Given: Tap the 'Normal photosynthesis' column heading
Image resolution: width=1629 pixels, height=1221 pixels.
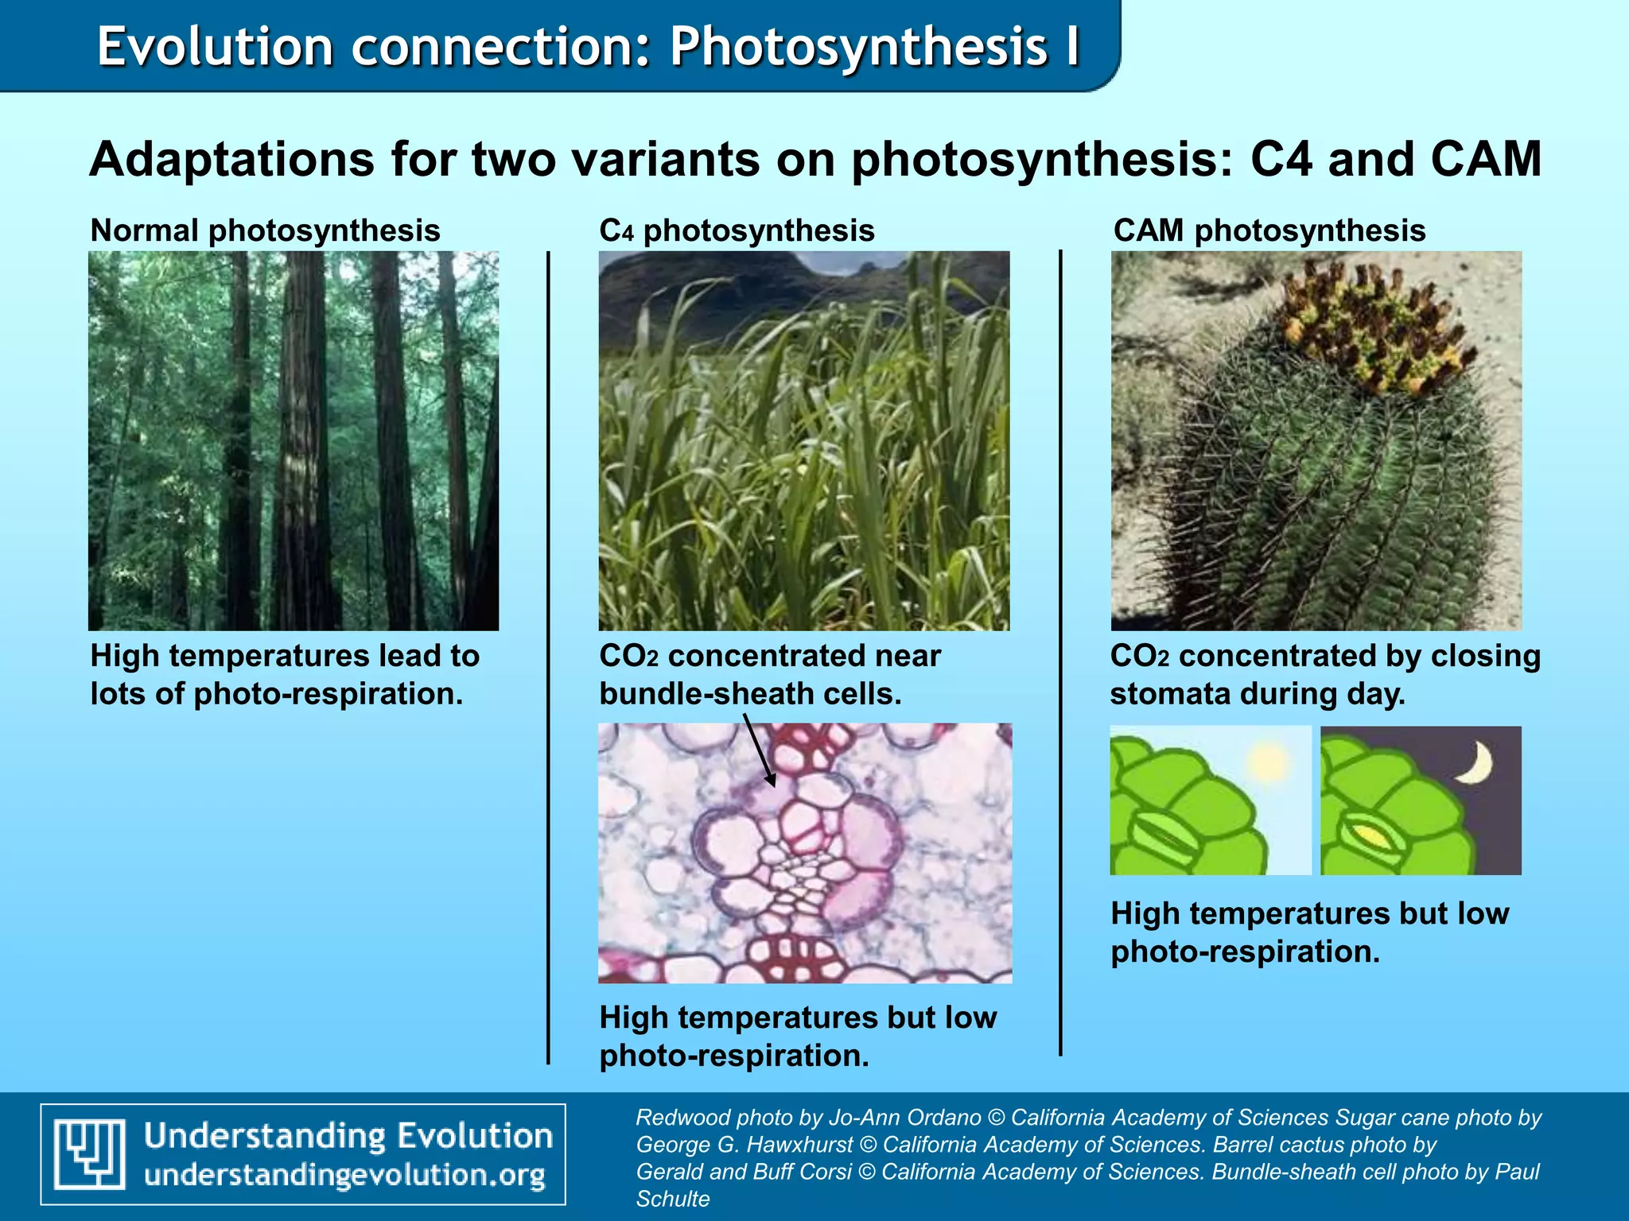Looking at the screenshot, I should [265, 231].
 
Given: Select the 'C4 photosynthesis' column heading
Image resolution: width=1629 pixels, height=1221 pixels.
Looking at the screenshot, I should [737, 231].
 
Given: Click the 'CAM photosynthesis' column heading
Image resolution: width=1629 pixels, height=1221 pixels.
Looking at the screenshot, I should [1269, 231].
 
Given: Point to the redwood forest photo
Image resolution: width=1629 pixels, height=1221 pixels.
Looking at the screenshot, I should [294, 441].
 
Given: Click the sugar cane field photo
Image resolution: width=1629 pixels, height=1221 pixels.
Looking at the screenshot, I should [804, 441].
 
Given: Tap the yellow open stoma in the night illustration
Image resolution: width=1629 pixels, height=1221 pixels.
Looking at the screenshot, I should [1371, 835].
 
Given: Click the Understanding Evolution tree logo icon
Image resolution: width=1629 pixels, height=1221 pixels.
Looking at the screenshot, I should [89, 1153].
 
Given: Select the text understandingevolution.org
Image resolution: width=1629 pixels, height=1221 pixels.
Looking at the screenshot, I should [345, 1175].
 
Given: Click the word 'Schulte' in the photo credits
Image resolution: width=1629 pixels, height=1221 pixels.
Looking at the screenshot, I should [673, 1199].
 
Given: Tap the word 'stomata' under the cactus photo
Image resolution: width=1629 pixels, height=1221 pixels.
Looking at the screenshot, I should [1164, 694].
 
